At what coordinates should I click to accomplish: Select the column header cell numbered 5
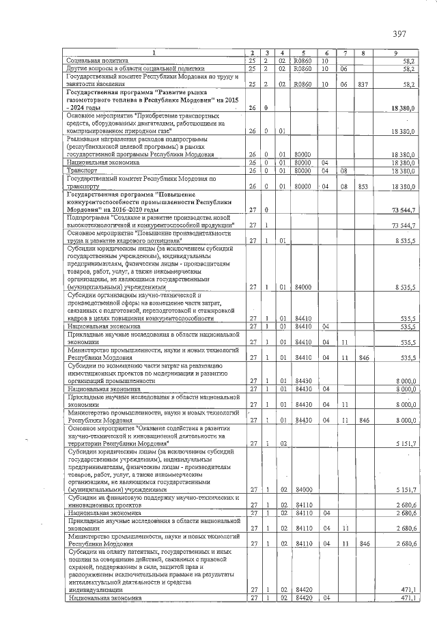point(302,53)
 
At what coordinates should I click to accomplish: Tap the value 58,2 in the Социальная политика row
point(409,61)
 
